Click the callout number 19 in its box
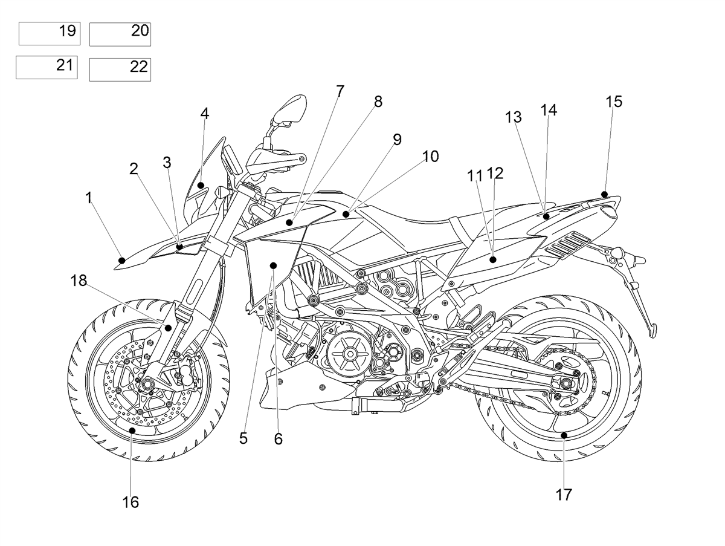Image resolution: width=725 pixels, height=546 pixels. click(x=68, y=31)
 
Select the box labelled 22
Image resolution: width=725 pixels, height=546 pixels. click(x=120, y=70)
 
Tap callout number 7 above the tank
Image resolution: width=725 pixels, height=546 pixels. click(x=340, y=91)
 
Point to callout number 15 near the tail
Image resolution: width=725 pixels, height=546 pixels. click(x=614, y=102)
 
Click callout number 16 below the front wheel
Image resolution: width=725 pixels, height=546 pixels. click(x=130, y=502)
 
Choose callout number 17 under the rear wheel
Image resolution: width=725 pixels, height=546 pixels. click(x=564, y=495)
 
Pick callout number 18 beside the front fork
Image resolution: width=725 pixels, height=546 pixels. click(x=79, y=281)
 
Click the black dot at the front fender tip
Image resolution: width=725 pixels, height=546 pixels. click(x=122, y=261)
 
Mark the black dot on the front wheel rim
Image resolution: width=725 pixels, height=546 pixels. click(x=132, y=431)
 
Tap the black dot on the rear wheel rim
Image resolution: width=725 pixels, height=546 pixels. click(x=564, y=435)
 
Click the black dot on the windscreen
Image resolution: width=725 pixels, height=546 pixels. click(x=201, y=185)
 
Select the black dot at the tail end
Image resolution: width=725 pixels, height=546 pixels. click(x=604, y=194)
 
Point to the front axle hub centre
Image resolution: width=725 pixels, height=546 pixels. click(x=146, y=384)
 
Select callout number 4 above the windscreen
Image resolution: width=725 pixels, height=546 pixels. click(x=205, y=114)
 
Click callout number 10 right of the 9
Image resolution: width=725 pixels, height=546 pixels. click(x=430, y=157)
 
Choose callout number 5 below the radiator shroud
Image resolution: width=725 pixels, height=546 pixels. click(x=243, y=438)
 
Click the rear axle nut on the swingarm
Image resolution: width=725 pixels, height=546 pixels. click(x=565, y=384)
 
